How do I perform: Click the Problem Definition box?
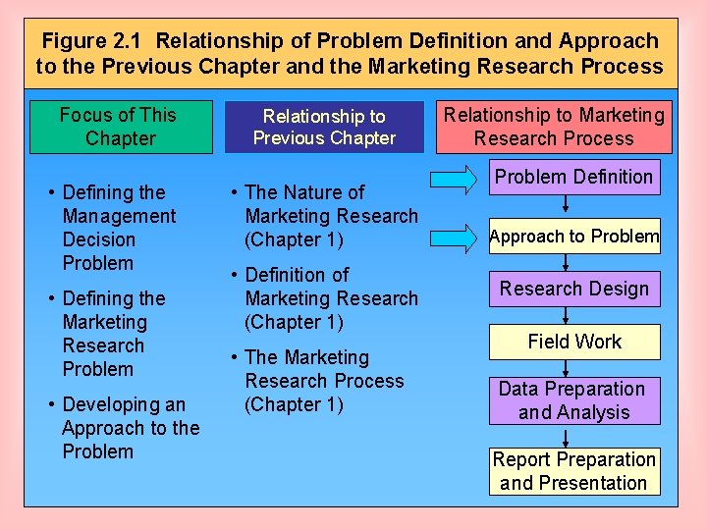click(574, 178)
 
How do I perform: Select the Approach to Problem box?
click(574, 237)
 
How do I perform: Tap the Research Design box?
click(574, 289)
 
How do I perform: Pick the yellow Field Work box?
click(574, 342)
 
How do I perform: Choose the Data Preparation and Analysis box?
click(574, 400)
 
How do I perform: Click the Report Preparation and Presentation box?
click(574, 471)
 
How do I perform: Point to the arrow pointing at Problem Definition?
click(455, 178)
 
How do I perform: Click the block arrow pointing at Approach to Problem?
click(455, 237)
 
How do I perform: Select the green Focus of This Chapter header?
click(120, 127)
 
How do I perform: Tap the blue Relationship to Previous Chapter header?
click(324, 128)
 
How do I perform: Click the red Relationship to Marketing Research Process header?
click(554, 127)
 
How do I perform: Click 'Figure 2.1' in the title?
click(93, 41)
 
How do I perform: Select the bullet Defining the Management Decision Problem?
click(118, 228)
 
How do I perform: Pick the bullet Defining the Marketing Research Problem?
click(113, 334)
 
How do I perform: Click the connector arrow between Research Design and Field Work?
click(566, 316)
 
